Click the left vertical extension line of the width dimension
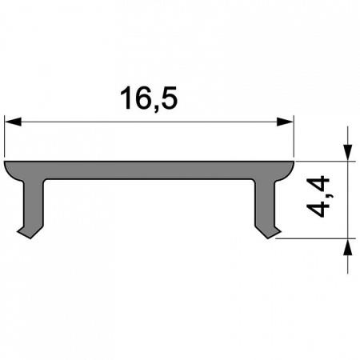5,136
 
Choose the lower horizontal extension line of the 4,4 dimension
316,238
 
